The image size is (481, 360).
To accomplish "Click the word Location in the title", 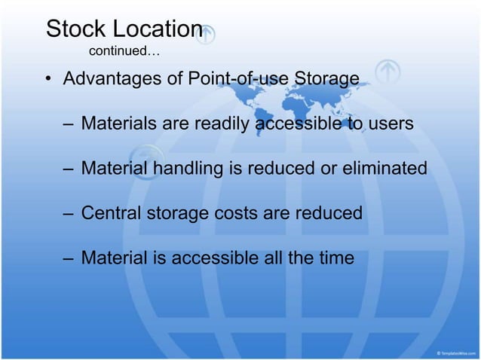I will coord(158,29).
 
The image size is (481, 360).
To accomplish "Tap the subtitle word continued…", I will coord(124,52).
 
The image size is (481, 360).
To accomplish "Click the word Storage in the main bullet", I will coord(325,78).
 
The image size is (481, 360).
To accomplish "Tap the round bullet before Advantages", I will coord(47,79).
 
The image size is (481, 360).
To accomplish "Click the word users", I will coord(391,124).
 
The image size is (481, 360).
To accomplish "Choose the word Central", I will coord(111,214).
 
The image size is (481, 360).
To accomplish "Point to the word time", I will coord(334,258).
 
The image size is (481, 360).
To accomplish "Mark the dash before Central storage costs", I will coord(68,215).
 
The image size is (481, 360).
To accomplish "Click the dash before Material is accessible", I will coord(68,259).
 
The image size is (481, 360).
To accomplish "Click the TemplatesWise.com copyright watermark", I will coord(455,352).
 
